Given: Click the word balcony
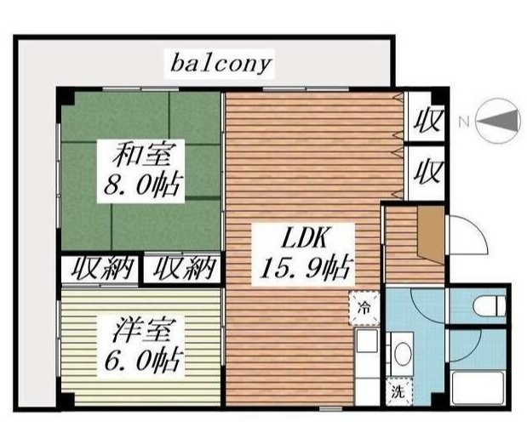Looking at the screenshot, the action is [x=221, y=64].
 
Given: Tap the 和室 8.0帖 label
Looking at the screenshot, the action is [x=141, y=171].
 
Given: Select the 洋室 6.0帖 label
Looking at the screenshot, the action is [x=141, y=346].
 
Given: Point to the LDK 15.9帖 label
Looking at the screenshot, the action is [x=303, y=254].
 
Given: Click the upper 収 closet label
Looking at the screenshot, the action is [x=427, y=121].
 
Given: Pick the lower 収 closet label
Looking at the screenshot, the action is [x=427, y=173].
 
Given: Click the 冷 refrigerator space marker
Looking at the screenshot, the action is [x=364, y=308].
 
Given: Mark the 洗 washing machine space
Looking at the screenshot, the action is [x=399, y=392].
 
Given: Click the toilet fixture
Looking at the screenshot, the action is [x=489, y=305].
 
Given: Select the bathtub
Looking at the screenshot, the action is [x=478, y=388].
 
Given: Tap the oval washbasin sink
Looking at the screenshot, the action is [x=403, y=354].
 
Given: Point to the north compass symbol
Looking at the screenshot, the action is [x=499, y=121].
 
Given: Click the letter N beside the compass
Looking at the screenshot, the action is [x=464, y=122].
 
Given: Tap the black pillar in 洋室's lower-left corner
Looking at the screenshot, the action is [x=66, y=401].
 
